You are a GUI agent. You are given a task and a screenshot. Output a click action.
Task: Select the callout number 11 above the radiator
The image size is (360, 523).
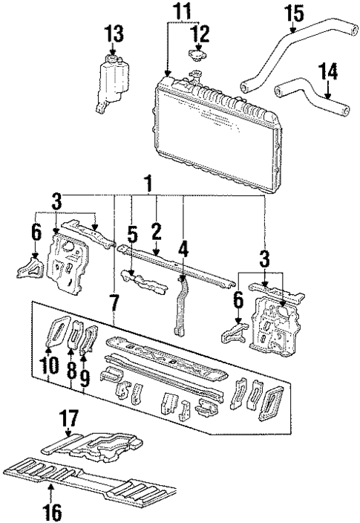pos(182,11)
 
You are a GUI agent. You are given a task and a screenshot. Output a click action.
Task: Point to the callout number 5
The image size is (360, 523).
pos(131,235)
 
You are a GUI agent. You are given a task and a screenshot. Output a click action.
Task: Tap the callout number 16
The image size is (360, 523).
pos(50,511)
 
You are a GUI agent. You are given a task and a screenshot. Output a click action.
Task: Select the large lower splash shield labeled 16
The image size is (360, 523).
pos(89,483)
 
